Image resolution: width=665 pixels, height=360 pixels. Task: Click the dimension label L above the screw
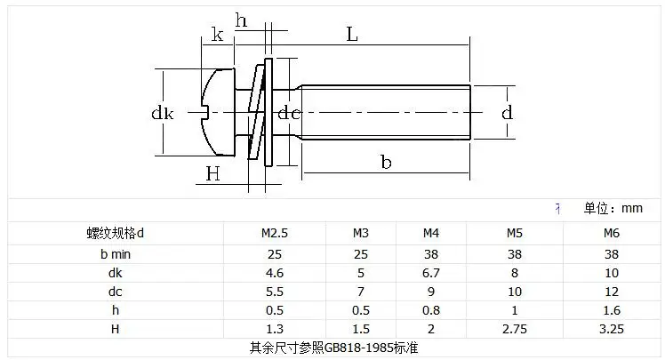pyautogui.click(x=352, y=35)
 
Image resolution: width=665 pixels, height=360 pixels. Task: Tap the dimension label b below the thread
pyautogui.click(x=386, y=162)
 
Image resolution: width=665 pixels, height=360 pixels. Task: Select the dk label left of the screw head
pyautogui.click(x=163, y=113)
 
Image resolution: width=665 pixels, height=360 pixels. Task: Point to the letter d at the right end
pyautogui.click(x=508, y=112)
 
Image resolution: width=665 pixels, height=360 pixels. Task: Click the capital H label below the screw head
pyautogui.click(x=212, y=174)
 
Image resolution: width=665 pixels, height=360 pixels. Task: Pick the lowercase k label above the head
pyautogui.click(x=217, y=35)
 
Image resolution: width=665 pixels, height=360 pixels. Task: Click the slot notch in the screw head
pyautogui.click(x=204, y=112)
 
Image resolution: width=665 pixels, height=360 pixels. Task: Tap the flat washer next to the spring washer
pyautogui.click(x=268, y=112)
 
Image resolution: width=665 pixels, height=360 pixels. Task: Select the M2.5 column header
pyautogui.click(x=275, y=233)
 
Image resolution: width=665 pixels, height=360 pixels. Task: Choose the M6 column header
pyautogui.click(x=612, y=233)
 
